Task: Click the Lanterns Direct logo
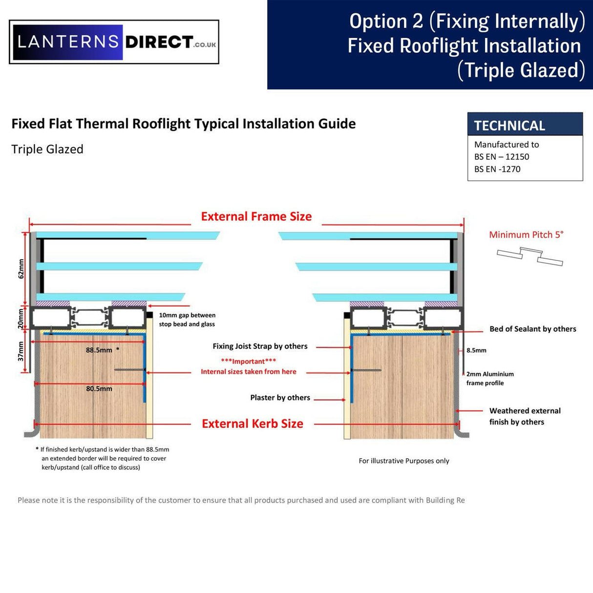pos(114,42)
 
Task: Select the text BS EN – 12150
pos(502,157)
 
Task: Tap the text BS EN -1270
pos(497,169)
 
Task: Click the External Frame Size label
pos(256,216)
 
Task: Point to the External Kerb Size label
pos(252,424)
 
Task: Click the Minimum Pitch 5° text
pos(526,234)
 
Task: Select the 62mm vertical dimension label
pos(21,269)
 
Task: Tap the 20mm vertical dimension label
pos(21,318)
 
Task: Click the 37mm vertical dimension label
pos(21,351)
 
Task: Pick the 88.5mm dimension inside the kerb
pos(99,350)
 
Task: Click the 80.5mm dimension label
pos(99,389)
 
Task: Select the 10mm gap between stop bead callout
pos(187,319)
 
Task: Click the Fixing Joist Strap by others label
pos(260,346)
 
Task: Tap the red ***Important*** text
pos(248,361)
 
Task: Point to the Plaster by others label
pos(280,398)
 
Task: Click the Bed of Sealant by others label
pos(532,329)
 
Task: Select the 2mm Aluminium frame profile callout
pos(490,379)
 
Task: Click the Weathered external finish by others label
pos(525,416)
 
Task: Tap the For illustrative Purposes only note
pos(403,461)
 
